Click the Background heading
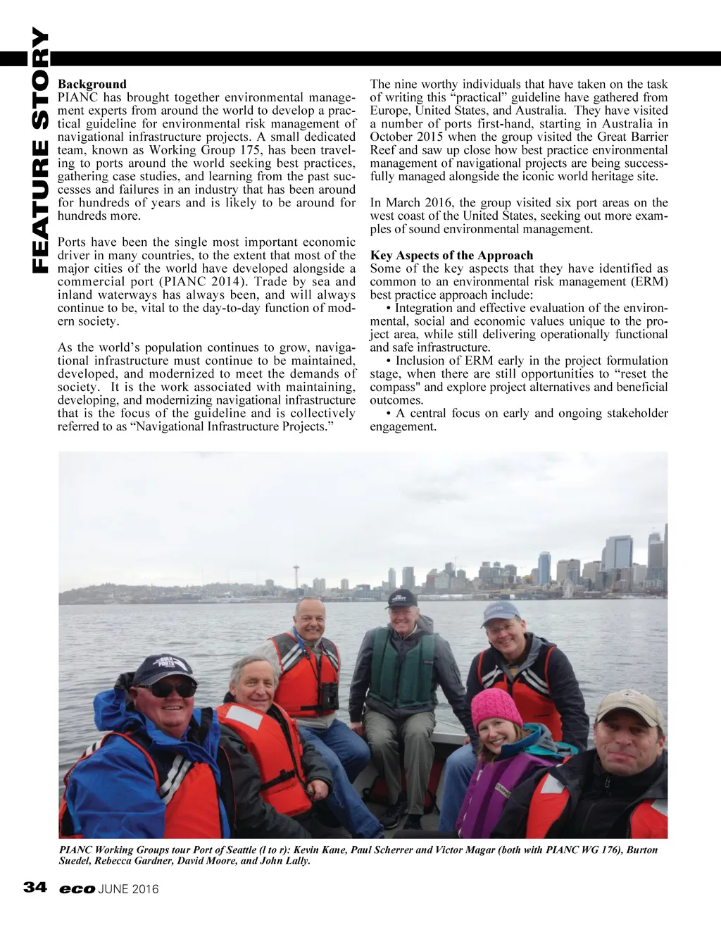pos(92,84)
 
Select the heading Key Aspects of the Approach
pos(451,255)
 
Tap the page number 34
pos(35,887)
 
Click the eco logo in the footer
pos(77,889)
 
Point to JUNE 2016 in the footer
pos(129,889)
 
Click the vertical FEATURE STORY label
pos(40,149)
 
